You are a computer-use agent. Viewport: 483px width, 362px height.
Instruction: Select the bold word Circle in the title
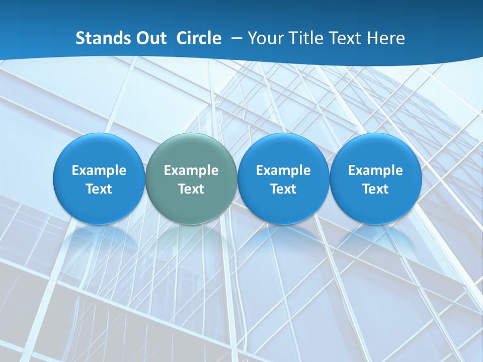click(x=199, y=38)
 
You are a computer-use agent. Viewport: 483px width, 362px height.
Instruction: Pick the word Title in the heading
click(x=305, y=38)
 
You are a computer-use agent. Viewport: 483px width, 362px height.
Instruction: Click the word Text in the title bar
click(x=346, y=38)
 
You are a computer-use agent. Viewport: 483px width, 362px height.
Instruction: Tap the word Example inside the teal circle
click(x=191, y=170)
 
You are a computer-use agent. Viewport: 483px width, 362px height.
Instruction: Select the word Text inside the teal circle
click(x=191, y=189)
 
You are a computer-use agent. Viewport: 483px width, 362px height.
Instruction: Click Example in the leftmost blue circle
click(x=99, y=170)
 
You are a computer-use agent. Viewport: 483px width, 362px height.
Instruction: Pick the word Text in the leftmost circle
click(x=99, y=189)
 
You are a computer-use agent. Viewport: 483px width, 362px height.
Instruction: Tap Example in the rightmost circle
click(x=375, y=170)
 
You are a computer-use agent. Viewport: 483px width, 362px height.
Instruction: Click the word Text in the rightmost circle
click(x=375, y=189)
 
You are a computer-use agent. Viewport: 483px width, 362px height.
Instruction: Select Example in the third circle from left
click(x=283, y=170)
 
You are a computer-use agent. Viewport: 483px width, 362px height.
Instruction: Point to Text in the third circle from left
click(x=283, y=189)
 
